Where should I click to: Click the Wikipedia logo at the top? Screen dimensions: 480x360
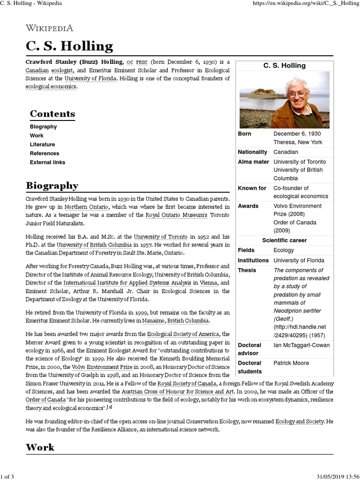click(49, 28)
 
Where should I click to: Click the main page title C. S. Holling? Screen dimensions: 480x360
click(69, 46)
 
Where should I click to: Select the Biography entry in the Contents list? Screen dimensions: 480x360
click(43, 127)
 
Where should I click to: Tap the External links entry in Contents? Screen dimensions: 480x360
click(47, 162)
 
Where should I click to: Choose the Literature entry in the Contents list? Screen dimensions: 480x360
click(42, 144)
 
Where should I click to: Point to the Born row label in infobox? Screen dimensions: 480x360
click(245, 134)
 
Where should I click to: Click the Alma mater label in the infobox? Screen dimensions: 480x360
click(254, 162)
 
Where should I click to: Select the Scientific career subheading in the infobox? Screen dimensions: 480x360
click(284, 240)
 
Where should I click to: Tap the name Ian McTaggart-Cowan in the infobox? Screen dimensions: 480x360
click(301, 345)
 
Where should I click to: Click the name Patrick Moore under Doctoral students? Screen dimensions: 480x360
click(291, 363)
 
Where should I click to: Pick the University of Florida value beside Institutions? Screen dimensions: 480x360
click(299, 260)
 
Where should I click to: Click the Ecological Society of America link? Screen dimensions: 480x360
click(183, 334)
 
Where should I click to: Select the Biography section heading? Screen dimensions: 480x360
click(52, 186)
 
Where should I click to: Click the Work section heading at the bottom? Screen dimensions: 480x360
click(40, 447)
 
